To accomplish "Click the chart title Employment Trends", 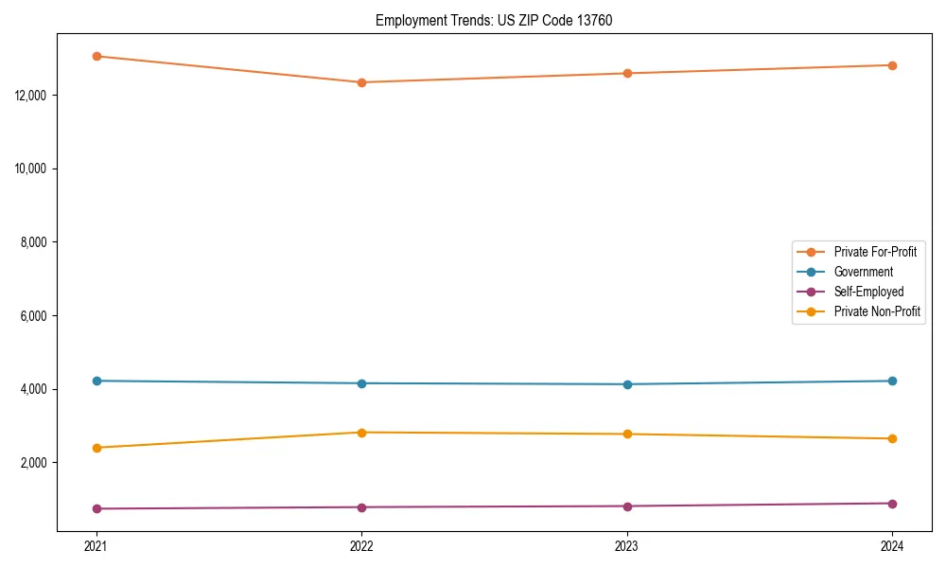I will [494, 20].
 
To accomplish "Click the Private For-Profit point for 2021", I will [96, 56].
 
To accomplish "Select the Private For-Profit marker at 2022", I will [361, 82].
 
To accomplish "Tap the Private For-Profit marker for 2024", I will [892, 65].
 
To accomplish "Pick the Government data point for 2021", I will [96, 381].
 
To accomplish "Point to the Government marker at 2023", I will [626, 384].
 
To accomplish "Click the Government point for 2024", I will [892, 381].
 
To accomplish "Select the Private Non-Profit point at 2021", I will [96, 448].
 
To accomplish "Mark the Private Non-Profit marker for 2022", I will [361, 433].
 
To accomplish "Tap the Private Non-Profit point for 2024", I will [892, 438].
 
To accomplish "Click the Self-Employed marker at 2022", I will [361, 507].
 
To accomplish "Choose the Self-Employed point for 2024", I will [892, 504].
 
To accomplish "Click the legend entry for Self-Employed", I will [868, 292].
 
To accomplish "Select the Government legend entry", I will [863, 272].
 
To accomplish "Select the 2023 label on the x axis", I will [626, 546].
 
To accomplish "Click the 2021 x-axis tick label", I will [96, 546].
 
